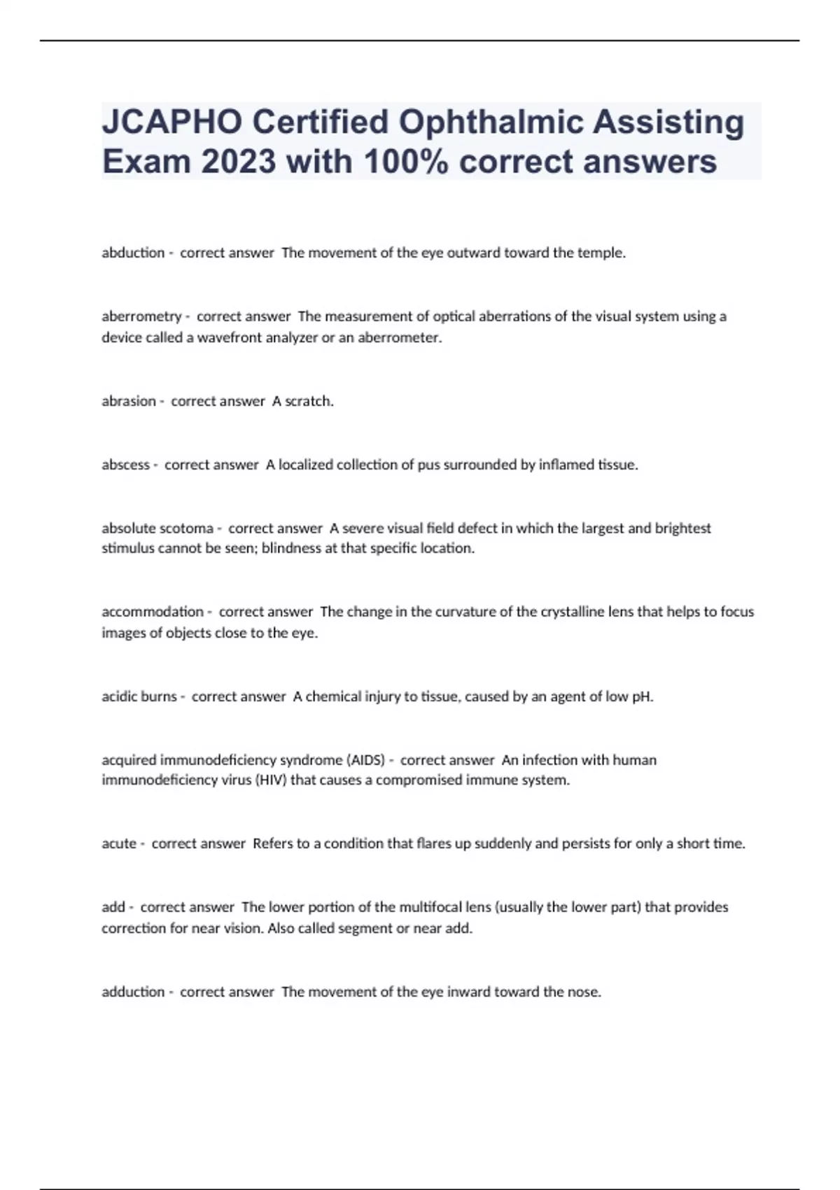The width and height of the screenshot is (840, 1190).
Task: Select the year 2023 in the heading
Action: tap(235, 162)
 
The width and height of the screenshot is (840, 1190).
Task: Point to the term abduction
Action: tap(133, 253)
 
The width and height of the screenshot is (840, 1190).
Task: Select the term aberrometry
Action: tap(141, 316)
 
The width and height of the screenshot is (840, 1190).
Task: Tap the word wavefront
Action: tap(227, 337)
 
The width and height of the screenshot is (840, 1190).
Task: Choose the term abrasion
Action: tap(129, 401)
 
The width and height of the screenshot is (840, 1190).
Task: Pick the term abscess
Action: tap(126, 465)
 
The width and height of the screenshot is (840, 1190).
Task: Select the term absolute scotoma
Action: tap(157, 528)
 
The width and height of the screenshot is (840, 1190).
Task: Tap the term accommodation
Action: tap(153, 612)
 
